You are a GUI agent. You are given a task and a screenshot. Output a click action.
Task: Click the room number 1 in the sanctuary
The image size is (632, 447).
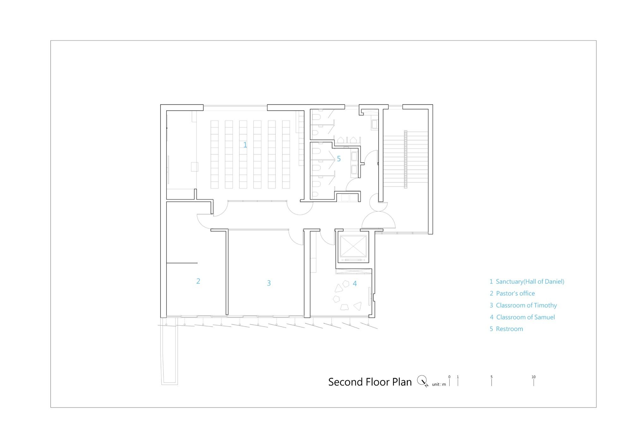point(245,145)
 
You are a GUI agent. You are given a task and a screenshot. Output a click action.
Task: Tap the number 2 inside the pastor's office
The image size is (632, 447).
point(198,281)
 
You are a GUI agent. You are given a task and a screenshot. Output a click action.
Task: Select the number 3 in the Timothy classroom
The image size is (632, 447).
point(269,283)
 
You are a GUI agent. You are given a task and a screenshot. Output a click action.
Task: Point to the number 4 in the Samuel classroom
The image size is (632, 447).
point(355,284)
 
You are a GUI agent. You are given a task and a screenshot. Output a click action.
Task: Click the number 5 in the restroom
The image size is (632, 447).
point(339,159)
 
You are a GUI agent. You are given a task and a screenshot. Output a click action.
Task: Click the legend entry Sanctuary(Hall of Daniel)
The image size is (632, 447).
point(530,282)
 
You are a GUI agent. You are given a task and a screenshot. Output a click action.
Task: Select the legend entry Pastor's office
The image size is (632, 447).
point(515,293)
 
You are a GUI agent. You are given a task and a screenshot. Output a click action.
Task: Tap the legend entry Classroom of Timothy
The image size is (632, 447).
point(526,305)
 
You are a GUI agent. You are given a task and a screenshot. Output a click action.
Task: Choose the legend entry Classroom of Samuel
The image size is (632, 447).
point(526,317)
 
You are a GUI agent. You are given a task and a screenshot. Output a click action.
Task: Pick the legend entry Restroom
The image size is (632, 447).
point(509,329)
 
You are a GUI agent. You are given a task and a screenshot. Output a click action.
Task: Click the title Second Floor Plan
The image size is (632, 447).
point(370,382)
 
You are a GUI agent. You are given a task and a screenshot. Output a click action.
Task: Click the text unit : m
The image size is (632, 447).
point(439,384)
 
